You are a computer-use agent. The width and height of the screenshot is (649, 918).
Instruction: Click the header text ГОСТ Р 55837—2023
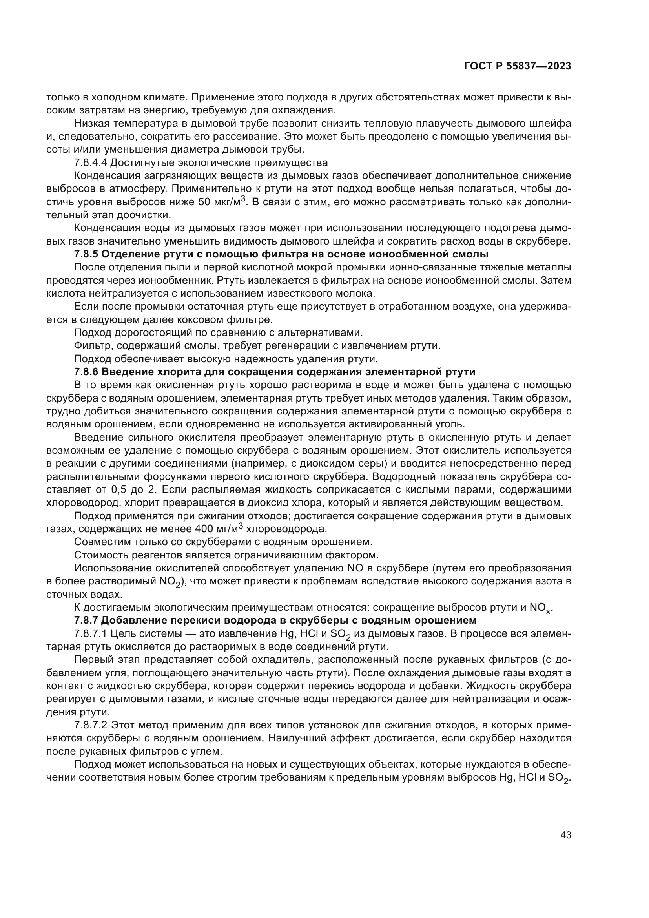(x=517, y=66)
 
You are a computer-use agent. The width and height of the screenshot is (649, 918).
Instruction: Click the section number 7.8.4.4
(x=91, y=163)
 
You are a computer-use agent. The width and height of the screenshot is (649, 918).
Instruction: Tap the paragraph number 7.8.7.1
(x=91, y=634)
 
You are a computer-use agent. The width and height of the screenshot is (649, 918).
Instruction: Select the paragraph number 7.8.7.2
(x=91, y=725)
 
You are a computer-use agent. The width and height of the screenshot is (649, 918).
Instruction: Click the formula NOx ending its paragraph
(x=540, y=608)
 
